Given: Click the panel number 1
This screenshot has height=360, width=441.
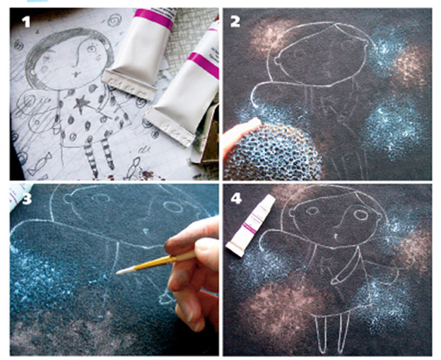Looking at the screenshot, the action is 26,22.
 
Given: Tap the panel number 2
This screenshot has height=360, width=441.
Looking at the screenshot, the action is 235,22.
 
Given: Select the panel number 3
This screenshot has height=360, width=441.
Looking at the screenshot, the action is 27,199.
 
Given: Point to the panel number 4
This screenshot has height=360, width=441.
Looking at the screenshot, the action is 236,199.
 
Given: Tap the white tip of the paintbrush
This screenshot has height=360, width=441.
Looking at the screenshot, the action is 123,271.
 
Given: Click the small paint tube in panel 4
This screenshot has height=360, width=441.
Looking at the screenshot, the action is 250,225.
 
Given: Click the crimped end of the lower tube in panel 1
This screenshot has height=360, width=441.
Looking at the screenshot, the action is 170,127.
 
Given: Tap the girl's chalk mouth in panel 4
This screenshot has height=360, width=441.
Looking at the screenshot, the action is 335,236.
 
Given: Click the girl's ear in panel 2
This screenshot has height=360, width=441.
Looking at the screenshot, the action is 277,61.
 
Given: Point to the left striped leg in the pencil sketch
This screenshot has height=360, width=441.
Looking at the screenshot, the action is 92,156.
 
